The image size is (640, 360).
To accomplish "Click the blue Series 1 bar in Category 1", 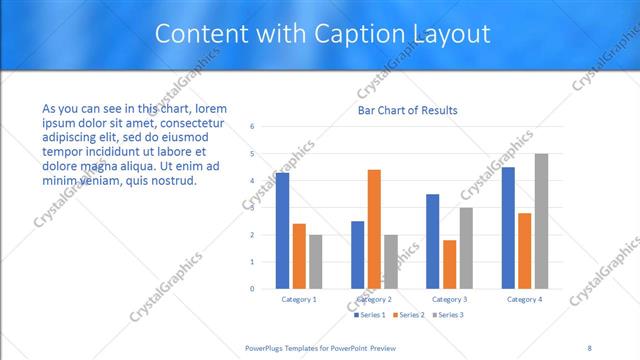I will [282, 231].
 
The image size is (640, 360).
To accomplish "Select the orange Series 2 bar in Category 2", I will [374, 229].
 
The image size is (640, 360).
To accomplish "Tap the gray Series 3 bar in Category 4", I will [541, 221].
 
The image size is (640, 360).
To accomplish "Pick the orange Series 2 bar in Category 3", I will [449, 264].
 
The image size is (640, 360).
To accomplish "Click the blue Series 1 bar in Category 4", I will [508, 228].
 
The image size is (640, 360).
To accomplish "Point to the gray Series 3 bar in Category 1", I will [316, 262].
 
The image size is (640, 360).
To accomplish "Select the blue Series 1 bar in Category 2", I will [357, 255].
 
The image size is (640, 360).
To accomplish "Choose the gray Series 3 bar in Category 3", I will [466, 248].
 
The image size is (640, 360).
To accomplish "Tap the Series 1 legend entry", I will [371, 315].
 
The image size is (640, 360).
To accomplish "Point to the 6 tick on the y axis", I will [253, 127].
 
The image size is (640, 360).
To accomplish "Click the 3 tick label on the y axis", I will [253, 208].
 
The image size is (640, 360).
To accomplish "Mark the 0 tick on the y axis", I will [253, 289].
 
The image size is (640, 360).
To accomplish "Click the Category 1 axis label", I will [299, 299].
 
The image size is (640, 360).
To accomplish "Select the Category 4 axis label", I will [524, 299].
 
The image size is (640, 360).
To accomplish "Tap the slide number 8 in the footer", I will [589, 347].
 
